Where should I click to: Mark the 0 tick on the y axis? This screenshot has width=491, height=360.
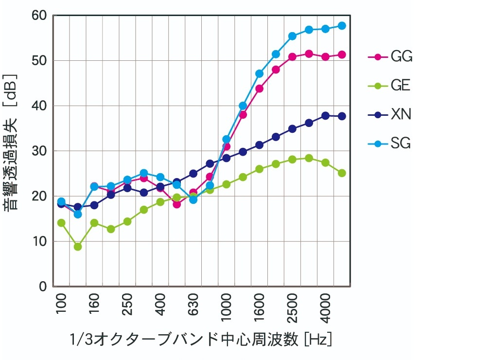point(43,287)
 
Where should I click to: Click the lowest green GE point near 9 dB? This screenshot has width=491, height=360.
point(78,247)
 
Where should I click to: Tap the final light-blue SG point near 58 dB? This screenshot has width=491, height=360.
point(342,26)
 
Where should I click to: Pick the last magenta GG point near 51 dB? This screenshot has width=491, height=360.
point(342,55)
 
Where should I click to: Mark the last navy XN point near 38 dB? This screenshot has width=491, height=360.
point(342,116)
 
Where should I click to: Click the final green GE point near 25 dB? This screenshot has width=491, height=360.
point(342,173)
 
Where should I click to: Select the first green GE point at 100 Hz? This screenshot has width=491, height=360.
point(61,223)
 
